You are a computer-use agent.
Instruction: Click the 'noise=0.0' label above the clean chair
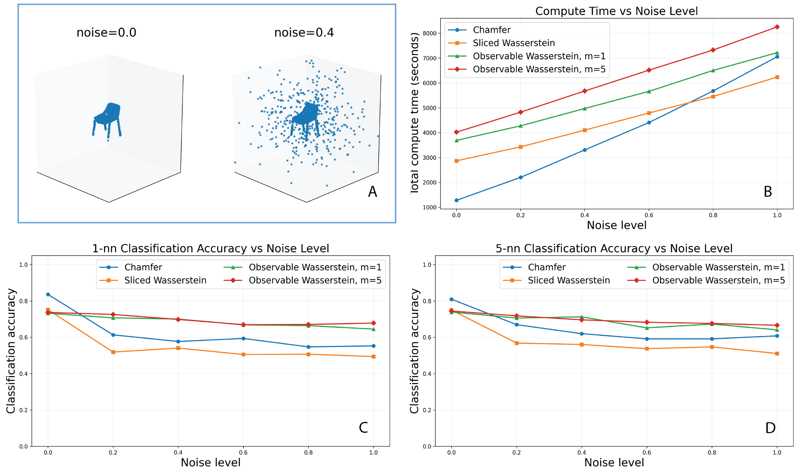[x=106, y=33]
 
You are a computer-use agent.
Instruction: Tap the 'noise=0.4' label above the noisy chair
[x=304, y=33]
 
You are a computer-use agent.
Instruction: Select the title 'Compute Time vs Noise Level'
[x=616, y=11]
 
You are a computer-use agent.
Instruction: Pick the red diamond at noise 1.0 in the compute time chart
[x=777, y=27]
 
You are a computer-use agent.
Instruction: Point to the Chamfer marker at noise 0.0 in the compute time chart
[x=456, y=200]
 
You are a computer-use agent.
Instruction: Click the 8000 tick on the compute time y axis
[x=430, y=33]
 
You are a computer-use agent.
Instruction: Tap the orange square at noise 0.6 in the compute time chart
[x=649, y=113]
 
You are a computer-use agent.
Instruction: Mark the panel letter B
[x=768, y=192]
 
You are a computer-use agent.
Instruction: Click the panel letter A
[x=372, y=192]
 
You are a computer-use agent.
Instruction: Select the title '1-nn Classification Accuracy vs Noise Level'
[x=211, y=249]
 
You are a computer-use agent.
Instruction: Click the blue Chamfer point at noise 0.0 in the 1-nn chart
[x=48, y=294]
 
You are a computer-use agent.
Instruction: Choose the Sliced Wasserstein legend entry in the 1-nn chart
[x=153, y=280]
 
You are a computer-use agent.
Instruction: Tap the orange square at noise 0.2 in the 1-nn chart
[x=113, y=352]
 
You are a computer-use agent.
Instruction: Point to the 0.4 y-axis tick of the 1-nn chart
[x=24, y=374]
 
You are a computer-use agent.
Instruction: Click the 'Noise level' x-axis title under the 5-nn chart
[x=614, y=462]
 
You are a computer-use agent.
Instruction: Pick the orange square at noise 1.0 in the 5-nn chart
[x=777, y=354]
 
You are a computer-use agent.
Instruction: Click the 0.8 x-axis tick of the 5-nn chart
[x=712, y=452]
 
